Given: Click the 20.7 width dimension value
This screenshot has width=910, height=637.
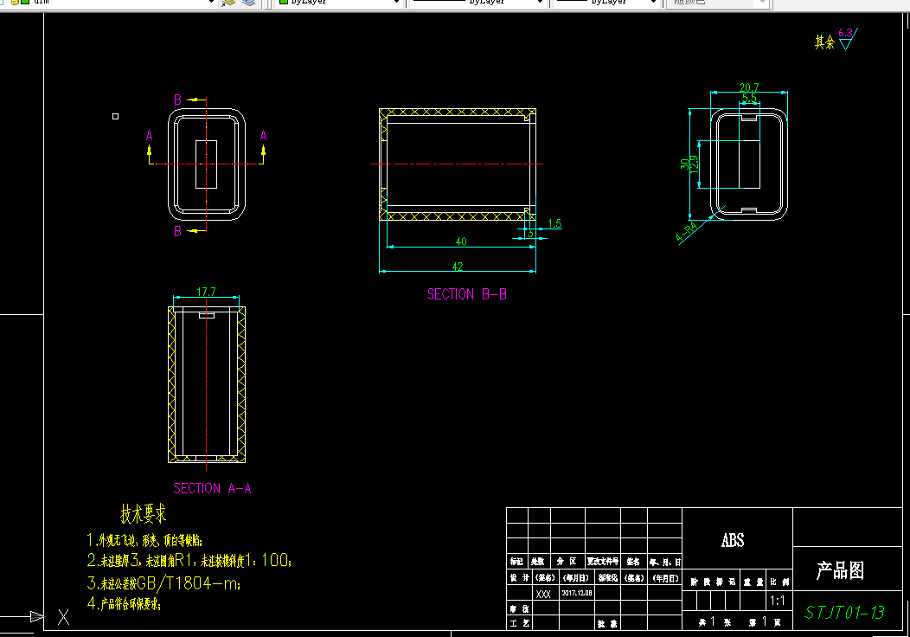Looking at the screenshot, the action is tap(749, 87).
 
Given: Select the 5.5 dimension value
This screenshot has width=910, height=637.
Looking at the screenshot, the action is tap(749, 98).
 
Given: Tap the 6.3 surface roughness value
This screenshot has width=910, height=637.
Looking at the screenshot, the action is tap(846, 33).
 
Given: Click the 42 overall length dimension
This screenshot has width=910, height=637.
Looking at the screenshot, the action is tap(458, 267).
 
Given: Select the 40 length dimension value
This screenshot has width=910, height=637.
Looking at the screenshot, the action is tap(460, 241).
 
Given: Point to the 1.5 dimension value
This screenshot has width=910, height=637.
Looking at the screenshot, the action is tap(554, 224).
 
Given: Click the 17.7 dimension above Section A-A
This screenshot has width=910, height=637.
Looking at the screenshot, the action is tap(206, 293).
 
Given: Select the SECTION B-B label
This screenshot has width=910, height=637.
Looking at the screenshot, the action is tap(467, 294).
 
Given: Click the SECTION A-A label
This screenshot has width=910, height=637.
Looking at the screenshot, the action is tap(212, 488).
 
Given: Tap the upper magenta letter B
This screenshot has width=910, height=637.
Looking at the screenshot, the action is tap(177, 100).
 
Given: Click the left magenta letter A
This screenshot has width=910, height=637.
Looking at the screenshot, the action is tap(149, 135).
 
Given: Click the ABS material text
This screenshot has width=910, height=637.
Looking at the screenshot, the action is tap(733, 541).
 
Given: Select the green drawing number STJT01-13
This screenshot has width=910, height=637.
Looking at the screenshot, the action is tap(844, 613).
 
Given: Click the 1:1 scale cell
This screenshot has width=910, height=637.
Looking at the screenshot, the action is tap(778, 600).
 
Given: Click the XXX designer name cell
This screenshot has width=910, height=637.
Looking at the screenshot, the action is tap(543, 595).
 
